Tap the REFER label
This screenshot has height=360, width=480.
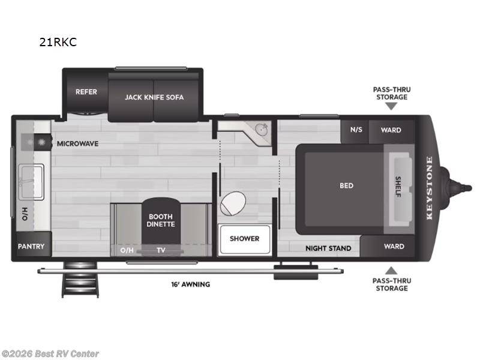pyautogui.click(x=86, y=92)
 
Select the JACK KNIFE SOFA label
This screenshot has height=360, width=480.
pyautogui.click(x=154, y=97)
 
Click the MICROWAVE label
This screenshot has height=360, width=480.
pyautogui.click(x=77, y=144)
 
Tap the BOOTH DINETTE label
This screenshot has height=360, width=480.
pyautogui.click(x=160, y=220)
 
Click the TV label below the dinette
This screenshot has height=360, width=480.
pyautogui.click(x=161, y=250)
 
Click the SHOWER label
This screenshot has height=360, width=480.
pyautogui.click(x=244, y=239)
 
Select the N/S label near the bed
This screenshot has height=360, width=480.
pyautogui.click(x=356, y=130)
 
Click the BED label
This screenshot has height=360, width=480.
pyautogui.click(x=346, y=186)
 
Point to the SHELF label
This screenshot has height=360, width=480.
pyautogui.click(x=398, y=185)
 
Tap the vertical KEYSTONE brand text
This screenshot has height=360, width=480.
pyautogui.click(x=429, y=188)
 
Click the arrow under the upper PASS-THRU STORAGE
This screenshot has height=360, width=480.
pyautogui.click(x=391, y=106)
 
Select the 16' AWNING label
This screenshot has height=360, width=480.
pyautogui.click(x=190, y=284)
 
